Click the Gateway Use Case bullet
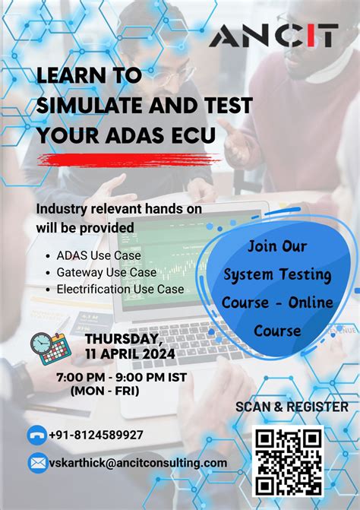106,272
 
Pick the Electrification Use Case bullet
120,289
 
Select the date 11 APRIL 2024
130,353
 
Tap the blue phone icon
36,436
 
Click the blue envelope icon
36,462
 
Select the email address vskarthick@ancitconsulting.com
137,462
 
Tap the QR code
289,461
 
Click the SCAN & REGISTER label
292,407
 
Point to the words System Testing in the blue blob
277,274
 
